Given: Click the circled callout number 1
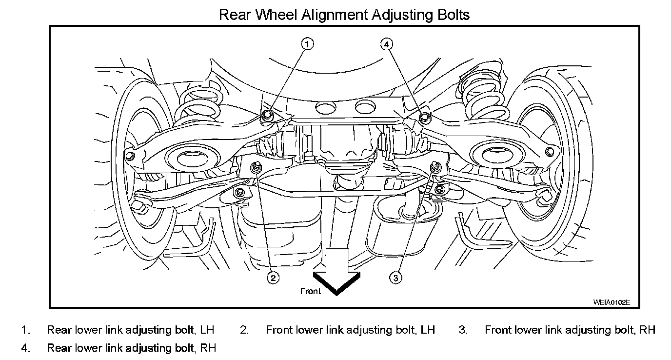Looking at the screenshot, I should point(307,44).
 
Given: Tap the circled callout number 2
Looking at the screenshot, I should point(273,278).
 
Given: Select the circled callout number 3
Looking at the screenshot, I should point(396,278).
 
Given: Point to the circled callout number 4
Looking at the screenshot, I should point(386,44).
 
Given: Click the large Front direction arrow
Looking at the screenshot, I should point(336,273).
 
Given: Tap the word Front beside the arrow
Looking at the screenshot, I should point(311,291).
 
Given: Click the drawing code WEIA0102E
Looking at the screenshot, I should point(612,302).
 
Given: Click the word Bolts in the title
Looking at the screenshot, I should point(451,15).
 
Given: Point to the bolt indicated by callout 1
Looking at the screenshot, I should point(266,116).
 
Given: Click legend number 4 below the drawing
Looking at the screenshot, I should point(25,348).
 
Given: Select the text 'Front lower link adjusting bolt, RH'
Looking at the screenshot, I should point(570,330).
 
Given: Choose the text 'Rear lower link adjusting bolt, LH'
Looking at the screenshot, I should point(130,330).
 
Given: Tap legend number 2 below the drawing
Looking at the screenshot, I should point(244,330).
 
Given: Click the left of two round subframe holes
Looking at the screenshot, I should point(323,107).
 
